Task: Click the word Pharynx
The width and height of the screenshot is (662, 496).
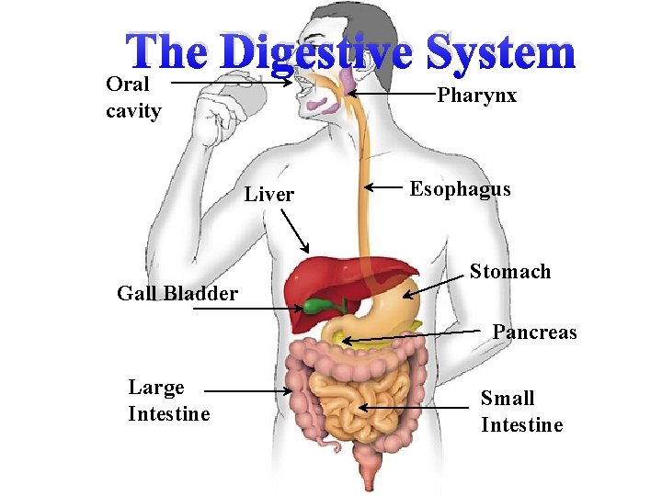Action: coord(476,96)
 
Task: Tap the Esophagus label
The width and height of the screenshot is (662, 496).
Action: coord(460,189)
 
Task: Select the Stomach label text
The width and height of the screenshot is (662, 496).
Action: coord(510,271)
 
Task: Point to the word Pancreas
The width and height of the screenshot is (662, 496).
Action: coord(534,332)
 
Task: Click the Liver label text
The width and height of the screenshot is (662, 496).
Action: coord(269,194)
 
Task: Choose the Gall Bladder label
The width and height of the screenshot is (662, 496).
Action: coord(177,294)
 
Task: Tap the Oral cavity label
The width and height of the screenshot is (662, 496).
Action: coord(134,98)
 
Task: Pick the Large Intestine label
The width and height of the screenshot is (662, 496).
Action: coord(169,400)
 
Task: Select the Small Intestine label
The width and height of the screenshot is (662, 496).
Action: coord(521,411)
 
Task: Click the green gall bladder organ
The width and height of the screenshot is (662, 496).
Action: coord(320,306)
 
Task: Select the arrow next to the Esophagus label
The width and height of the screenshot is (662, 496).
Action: coord(384,189)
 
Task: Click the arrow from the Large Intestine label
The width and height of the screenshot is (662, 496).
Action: coord(248,391)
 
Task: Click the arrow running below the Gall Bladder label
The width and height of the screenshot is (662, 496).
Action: coord(248,310)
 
